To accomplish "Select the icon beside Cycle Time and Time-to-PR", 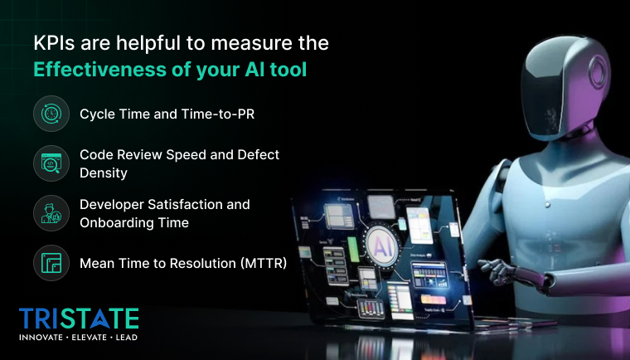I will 51,114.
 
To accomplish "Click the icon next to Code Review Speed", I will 51,163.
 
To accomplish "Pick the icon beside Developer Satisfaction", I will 51,213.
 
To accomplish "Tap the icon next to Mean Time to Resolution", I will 51,264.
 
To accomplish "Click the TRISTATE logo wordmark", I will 79,319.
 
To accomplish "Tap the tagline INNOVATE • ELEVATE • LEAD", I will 79,338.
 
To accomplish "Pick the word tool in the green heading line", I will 287,70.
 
